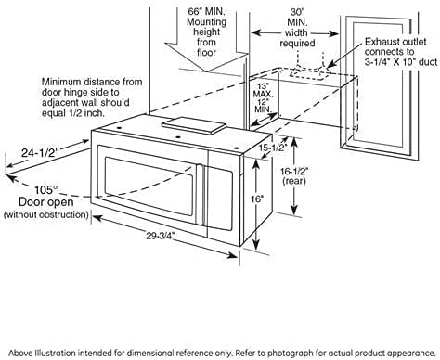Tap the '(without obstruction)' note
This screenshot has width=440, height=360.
[x=45, y=215]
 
